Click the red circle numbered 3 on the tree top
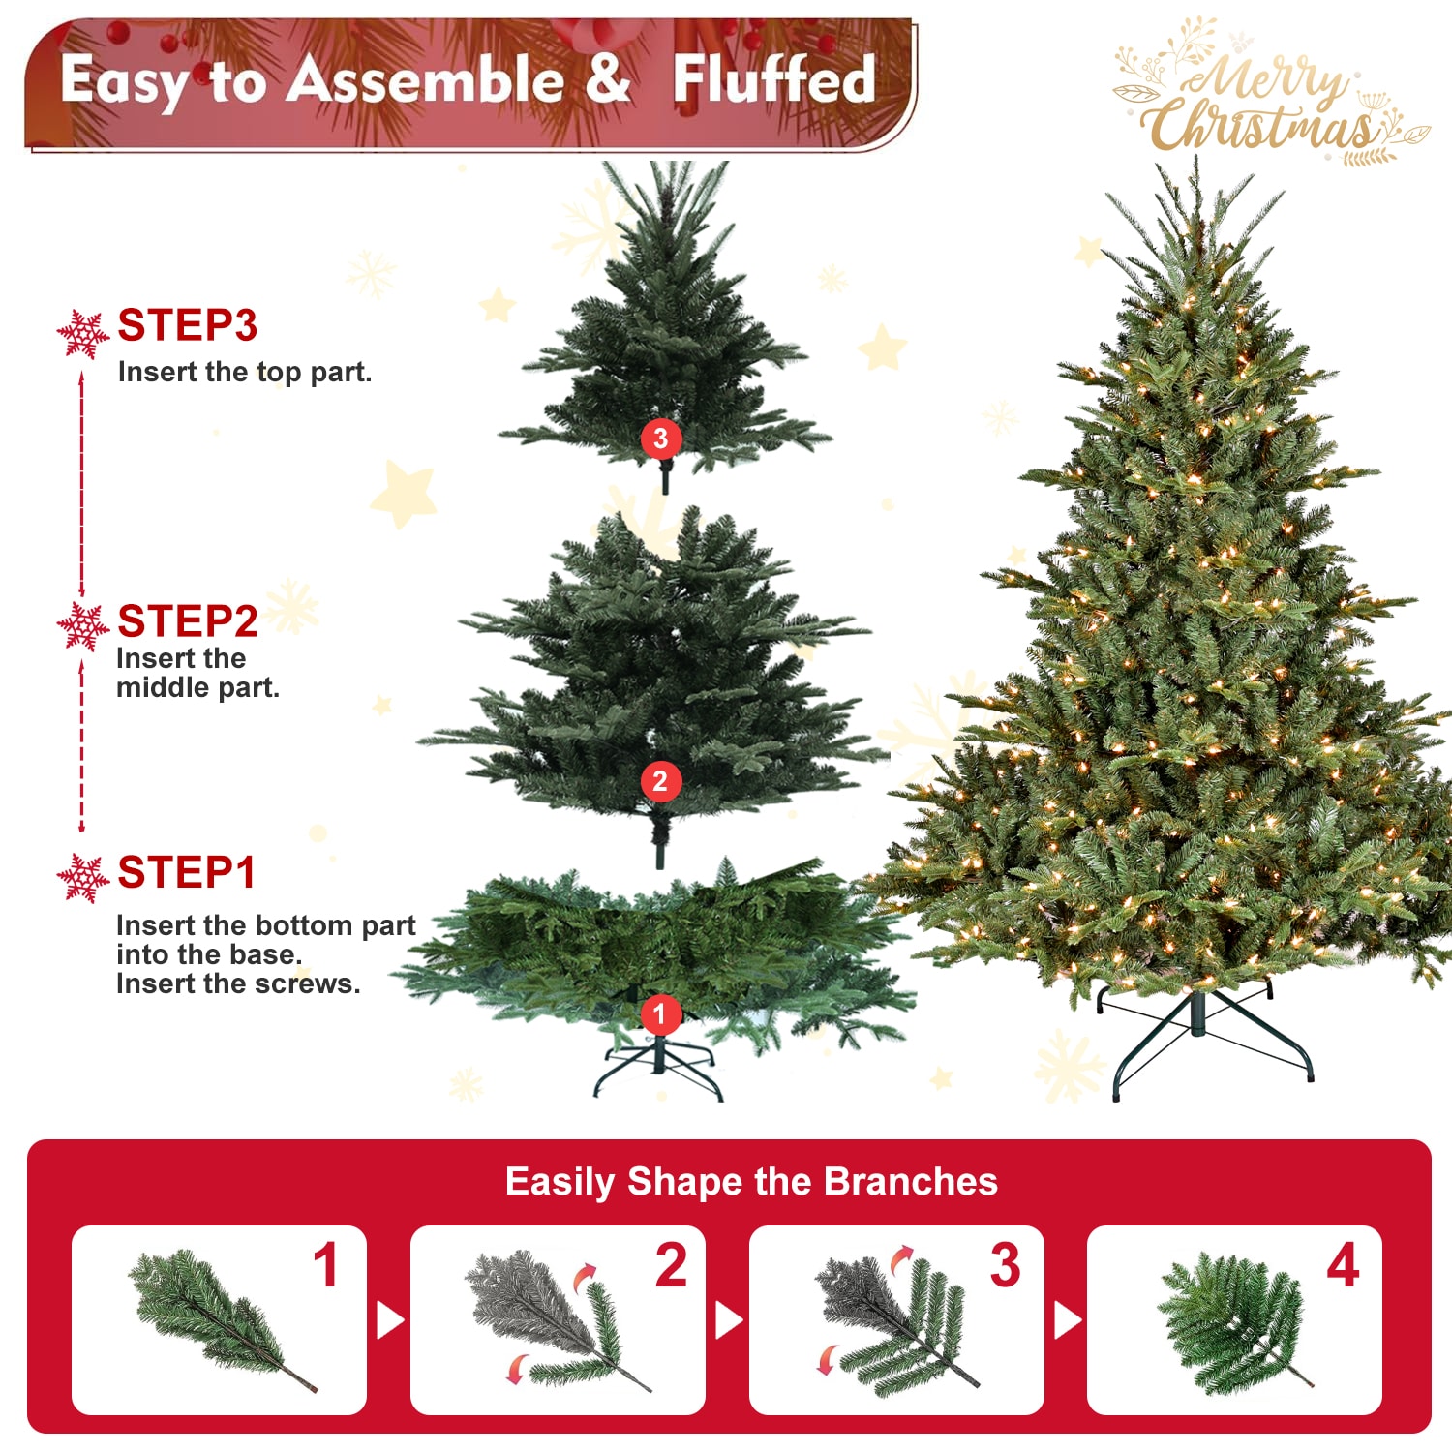pyautogui.click(x=661, y=439)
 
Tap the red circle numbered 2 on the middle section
pyautogui.click(x=660, y=781)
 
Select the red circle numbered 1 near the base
pyautogui.click(x=660, y=1014)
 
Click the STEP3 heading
pyautogui.click(x=187, y=325)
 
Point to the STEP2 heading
pyautogui.click(x=187, y=621)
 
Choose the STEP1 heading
pyautogui.click(x=186, y=873)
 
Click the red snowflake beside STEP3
pyautogui.click(x=83, y=334)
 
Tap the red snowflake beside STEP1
pyautogui.click(x=83, y=878)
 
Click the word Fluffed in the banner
pyautogui.click(x=773, y=79)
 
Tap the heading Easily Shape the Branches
pyautogui.click(x=751, y=1182)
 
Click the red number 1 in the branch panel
pyautogui.click(x=326, y=1266)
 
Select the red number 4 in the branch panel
pyautogui.click(x=1343, y=1266)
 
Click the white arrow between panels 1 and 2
pyautogui.click(x=389, y=1320)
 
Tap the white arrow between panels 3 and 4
pyautogui.click(x=1067, y=1320)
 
